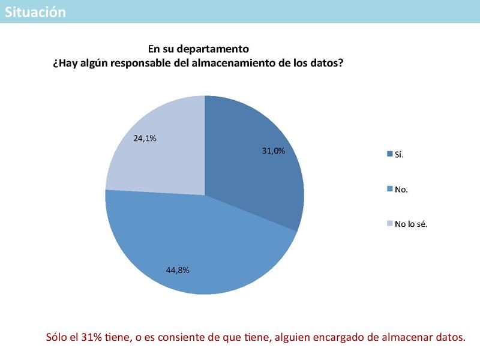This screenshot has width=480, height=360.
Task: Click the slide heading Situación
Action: pyautogui.click(x=35, y=12)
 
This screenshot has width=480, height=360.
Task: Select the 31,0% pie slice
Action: pyautogui.click(x=252, y=168)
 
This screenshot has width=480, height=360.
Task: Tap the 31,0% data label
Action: pyautogui.click(x=273, y=151)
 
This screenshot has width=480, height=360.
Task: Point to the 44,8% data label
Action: pyautogui.click(x=178, y=270)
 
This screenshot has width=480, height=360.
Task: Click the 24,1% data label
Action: pyautogui.click(x=145, y=138)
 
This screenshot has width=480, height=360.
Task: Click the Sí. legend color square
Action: pyautogui.click(x=389, y=155)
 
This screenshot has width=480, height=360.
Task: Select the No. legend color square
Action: pyautogui.click(x=389, y=189)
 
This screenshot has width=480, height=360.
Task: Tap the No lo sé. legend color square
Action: pyautogui.click(x=389, y=224)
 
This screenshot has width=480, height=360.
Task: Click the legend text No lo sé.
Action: pyautogui.click(x=411, y=224)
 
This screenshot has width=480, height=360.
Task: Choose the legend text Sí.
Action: pyautogui.click(x=399, y=155)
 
